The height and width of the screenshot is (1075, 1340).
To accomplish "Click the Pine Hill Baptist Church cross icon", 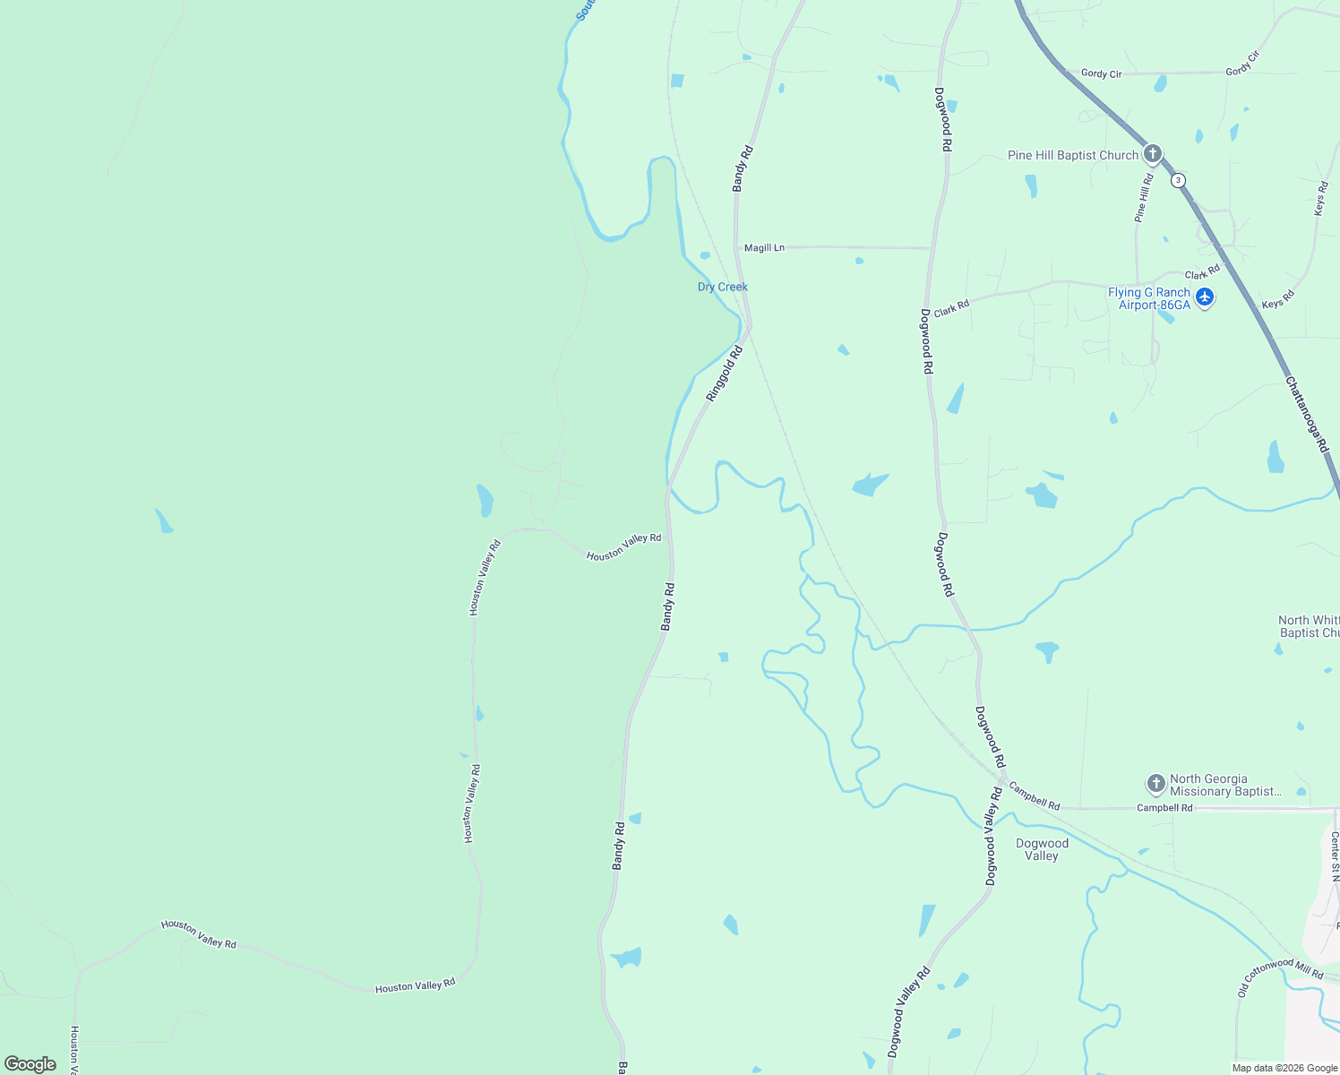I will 1153,154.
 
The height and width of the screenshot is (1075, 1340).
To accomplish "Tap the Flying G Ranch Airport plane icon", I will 1205,297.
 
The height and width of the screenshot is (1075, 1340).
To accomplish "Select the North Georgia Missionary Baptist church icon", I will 1155,784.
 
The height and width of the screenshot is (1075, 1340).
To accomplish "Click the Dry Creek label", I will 723,287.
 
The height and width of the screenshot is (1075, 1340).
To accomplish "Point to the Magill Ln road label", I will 764,247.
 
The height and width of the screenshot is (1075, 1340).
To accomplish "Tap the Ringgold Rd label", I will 725,374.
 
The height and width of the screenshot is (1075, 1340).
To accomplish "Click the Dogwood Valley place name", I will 1042,849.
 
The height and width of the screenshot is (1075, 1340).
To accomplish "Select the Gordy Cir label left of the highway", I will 1101,73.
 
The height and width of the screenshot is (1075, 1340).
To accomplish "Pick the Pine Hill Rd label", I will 1144,198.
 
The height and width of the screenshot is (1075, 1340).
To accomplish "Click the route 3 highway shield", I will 1178,180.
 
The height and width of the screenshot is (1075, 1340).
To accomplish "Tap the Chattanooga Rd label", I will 1307,414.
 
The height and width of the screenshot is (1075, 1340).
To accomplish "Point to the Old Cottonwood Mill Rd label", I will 1280,976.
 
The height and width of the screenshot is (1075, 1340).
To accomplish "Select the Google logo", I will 30,1064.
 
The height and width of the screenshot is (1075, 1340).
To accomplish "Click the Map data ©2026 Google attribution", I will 1284,1068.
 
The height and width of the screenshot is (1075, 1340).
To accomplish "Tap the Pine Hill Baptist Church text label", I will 1072,155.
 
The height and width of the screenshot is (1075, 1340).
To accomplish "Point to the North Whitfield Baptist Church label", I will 1309,626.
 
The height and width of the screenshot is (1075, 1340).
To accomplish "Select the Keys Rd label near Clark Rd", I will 1278,299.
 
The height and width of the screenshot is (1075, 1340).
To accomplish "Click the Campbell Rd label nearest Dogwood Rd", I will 1035,795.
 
